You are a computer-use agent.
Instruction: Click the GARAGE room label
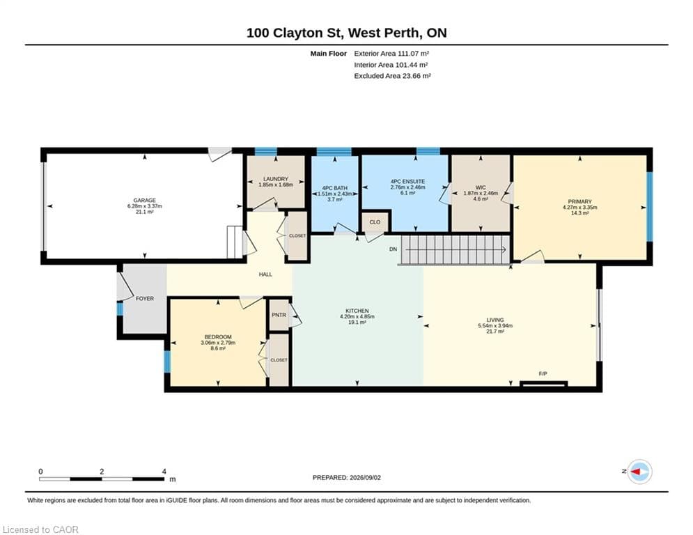[x=145, y=201]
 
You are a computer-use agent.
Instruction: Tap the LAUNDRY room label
[x=276, y=179]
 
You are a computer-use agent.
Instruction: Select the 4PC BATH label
[x=335, y=188]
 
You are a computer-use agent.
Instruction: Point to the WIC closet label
[x=481, y=187]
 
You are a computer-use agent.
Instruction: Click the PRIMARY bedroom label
[x=580, y=201]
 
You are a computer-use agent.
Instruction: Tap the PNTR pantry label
[x=279, y=315]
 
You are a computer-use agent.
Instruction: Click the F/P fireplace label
[x=543, y=373]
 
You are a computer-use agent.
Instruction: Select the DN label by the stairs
[x=394, y=249]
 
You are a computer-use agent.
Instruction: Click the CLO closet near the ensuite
[x=375, y=222]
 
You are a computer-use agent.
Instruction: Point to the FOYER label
[x=145, y=298]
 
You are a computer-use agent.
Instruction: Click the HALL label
[x=265, y=274]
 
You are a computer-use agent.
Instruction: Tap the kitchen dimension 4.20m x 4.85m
[x=357, y=316]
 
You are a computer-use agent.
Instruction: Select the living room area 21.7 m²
[x=495, y=331]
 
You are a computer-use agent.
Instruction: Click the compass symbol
[x=640, y=472]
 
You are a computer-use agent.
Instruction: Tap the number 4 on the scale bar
[x=164, y=472]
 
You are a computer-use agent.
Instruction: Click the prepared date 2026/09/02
[x=365, y=477]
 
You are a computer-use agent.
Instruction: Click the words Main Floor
[x=328, y=54]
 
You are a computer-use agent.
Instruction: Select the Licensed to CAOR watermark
[x=40, y=529]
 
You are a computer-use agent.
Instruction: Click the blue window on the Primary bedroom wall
[x=650, y=206]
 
